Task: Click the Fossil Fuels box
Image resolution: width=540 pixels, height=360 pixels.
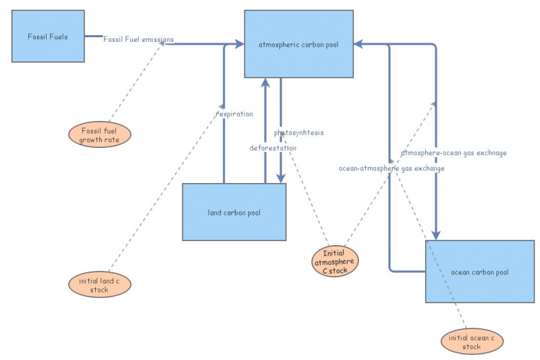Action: point(48,36)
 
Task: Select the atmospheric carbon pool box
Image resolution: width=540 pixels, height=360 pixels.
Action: point(298,45)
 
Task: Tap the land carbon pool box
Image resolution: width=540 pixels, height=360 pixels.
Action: point(234,212)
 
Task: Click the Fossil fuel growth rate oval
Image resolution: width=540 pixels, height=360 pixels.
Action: point(99,135)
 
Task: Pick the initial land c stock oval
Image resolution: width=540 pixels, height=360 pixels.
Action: point(99,284)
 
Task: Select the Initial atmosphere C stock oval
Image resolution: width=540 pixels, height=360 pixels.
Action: point(335,261)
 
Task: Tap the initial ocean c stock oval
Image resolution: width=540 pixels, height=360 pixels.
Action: point(471,342)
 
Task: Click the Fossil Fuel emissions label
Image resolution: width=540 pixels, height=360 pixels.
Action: point(138,39)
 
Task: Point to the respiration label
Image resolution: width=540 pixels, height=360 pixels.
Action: point(234,114)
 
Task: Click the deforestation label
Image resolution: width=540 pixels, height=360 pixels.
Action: point(273,147)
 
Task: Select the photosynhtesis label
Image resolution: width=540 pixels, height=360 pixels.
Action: point(299,132)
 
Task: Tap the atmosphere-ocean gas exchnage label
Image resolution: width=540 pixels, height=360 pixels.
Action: point(454,153)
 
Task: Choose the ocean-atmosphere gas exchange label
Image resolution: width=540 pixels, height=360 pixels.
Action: point(391,168)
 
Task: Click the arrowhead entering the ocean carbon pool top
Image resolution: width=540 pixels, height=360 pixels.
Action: point(437,234)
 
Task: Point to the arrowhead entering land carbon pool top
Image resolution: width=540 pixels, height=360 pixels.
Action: point(279,178)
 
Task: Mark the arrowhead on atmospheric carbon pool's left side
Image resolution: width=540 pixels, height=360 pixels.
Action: point(239,44)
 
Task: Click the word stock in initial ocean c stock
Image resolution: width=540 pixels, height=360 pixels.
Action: point(471,346)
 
